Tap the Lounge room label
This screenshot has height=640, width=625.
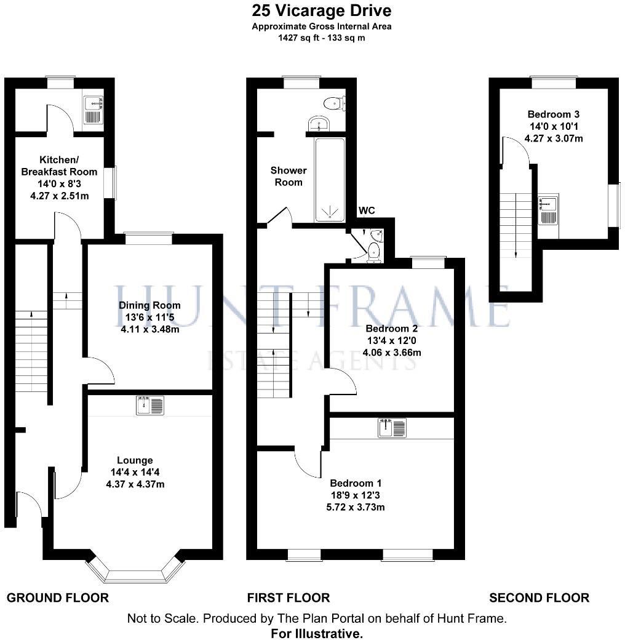[x=135, y=460]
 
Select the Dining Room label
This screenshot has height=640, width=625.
[x=149, y=305]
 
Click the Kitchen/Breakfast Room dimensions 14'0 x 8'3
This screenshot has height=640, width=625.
[x=60, y=183]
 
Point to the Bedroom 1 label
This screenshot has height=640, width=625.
[x=351, y=483]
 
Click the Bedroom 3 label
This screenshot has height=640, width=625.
[x=553, y=114]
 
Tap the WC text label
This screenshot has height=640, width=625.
[x=367, y=211]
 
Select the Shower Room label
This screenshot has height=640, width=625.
[x=289, y=176]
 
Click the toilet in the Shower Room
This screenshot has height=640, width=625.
[x=334, y=103]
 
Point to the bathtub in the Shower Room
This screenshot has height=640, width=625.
[x=330, y=178]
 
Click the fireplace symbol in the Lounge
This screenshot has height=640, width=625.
[x=150, y=406]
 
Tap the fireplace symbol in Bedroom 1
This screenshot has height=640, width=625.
[x=392, y=428]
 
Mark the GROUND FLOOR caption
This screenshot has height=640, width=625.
[x=57, y=598]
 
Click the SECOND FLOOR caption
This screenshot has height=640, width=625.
[x=539, y=598]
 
